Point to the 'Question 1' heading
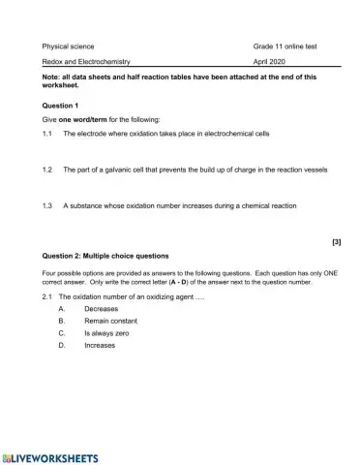(61, 105)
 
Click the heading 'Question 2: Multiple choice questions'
(105, 256)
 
